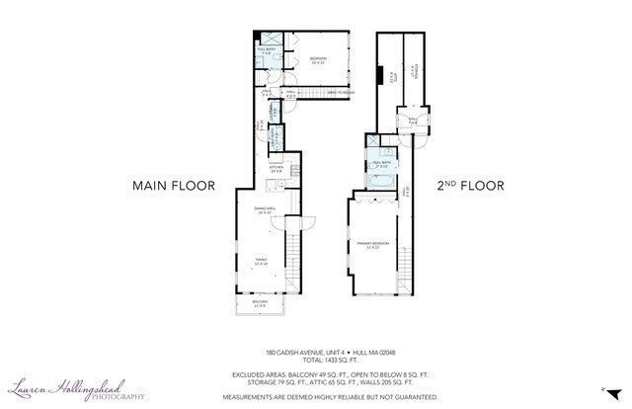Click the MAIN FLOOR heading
173,185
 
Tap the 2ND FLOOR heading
471,185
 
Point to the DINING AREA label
264,210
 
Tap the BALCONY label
260,303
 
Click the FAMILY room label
260,261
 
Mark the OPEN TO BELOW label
337,93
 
